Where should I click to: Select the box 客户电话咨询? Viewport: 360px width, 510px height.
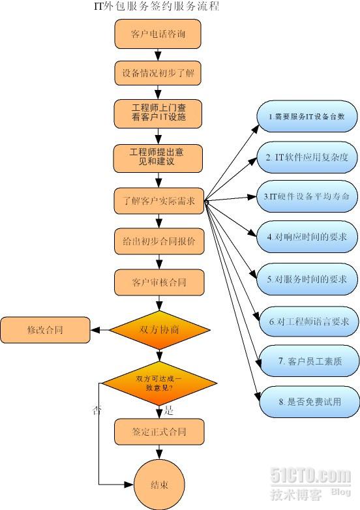pos(158,34)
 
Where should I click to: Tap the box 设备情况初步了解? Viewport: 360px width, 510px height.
pos(158,74)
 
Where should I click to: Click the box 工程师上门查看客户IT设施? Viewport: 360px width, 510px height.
pos(158,113)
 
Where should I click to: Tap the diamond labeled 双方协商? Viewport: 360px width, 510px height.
pos(159,330)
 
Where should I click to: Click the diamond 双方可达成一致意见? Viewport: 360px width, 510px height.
pos(159,382)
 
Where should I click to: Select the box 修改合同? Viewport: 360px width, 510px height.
pos(44,330)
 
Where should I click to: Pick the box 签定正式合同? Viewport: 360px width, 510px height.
pos(159,431)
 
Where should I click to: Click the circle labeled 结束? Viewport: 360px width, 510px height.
pos(159,485)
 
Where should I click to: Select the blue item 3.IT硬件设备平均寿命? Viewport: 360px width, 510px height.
pos(305,196)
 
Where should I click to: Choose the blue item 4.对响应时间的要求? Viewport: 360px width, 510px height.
pos(305,237)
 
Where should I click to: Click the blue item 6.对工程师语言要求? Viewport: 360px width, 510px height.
pos(305,321)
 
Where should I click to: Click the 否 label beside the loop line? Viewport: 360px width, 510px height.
pos(97,411)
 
